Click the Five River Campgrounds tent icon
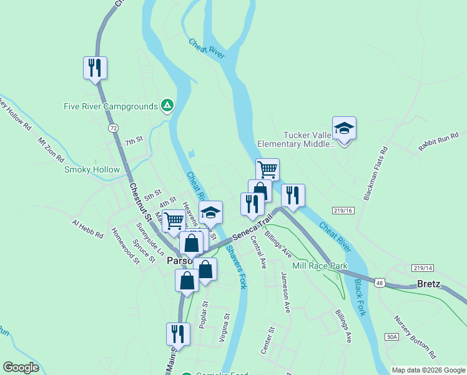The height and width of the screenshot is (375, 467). click(x=167, y=106)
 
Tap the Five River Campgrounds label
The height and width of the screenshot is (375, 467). click(x=111, y=106)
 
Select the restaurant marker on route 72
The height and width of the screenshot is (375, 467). click(x=95, y=67)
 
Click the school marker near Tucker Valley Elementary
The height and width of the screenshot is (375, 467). click(x=344, y=128)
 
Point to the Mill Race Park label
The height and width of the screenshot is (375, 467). click(x=320, y=266)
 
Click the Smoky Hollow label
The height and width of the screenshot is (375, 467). click(x=92, y=169)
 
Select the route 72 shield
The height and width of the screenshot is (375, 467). click(x=112, y=127)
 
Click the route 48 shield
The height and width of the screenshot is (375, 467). click(x=380, y=282)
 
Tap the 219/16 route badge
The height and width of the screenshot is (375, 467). click(x=343, y=211)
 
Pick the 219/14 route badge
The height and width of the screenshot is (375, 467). click(x=423, y=268)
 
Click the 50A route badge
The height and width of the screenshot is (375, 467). click(x=391, y=337)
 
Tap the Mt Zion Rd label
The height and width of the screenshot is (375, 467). click(x=51, y=150)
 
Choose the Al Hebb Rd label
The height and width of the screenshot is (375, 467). click(x=87, y=229)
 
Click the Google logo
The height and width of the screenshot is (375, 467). click(x=21, y=367)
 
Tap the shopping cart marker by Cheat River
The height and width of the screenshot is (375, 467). click(x=267, y=169)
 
